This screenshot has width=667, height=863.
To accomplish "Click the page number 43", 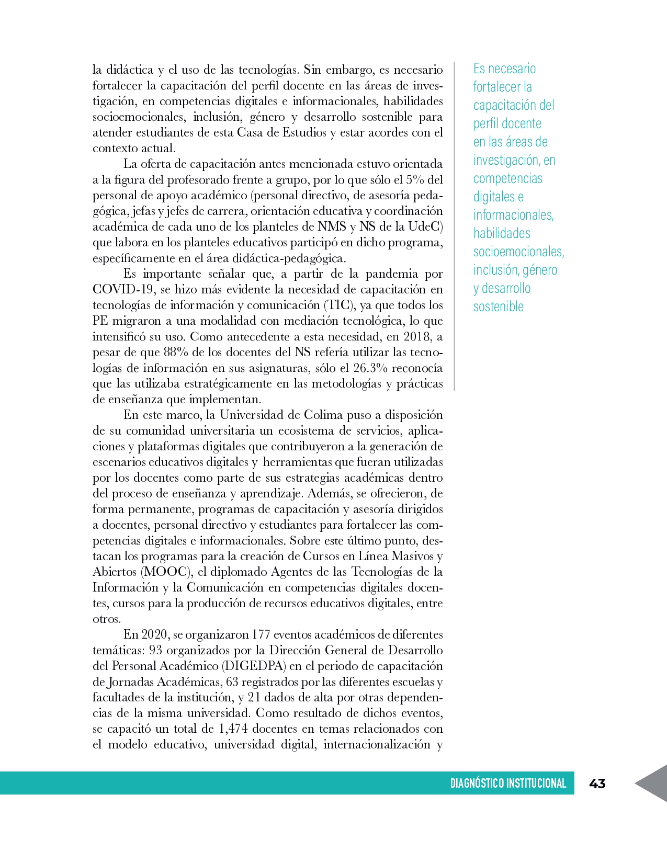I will click(x=597, y=783).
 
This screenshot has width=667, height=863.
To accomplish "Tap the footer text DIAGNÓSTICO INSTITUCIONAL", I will click(x=508, y=783).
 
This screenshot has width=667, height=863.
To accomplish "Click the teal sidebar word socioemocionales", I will click(x=518, y=252).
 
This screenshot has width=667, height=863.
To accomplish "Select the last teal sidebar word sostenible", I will click(x=498, y=306).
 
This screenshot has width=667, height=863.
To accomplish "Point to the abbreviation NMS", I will click(x=332, y=226).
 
